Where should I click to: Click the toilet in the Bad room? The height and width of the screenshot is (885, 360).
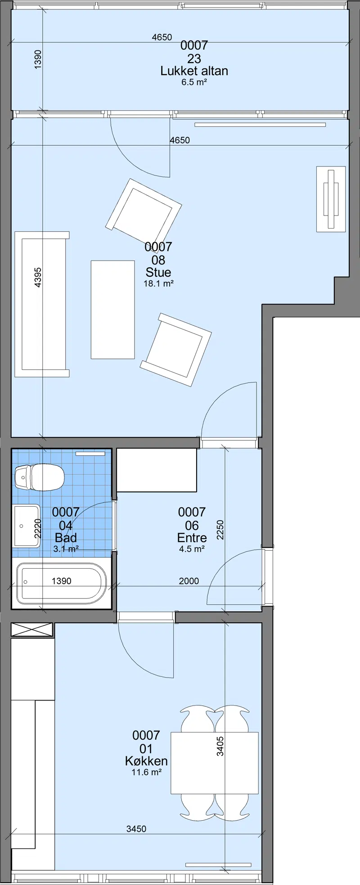[39, 477]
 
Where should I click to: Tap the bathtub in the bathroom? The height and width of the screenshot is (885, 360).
[62, 583]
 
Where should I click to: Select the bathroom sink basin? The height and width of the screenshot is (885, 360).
[26, 526]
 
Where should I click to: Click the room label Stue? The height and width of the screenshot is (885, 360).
[158, 272]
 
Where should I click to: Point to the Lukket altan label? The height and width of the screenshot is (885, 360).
[194, 71]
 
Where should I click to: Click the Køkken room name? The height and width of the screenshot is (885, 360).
[146, 761]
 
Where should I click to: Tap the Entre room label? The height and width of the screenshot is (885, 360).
[192, 538]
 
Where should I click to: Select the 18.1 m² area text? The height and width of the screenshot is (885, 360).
[158, 283]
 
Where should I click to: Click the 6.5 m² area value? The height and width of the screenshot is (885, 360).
[194, 82]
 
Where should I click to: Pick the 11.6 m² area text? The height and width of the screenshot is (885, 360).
[146, 772]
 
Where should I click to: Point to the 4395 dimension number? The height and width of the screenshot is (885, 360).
[38, 278]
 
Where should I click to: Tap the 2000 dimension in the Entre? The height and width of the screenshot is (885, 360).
[189, 581]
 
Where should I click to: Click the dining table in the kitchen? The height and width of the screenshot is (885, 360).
[215, 763]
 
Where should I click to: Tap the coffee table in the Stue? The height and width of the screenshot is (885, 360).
[113, 310]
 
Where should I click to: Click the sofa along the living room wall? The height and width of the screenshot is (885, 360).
[42, 304]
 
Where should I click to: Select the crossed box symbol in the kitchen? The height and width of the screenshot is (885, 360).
[32, 630]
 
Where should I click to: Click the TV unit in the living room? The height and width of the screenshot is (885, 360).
[331, 199]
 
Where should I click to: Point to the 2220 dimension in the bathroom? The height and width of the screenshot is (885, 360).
[38, 528]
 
